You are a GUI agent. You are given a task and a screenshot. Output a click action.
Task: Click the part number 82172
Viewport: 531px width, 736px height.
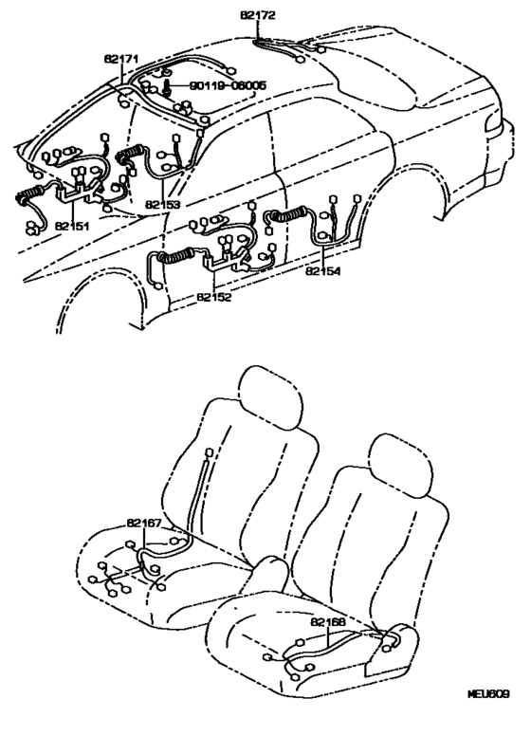pyautogui.click(x=258, y=15)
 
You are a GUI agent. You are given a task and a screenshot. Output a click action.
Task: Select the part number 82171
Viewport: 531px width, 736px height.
pyautogui.click(x=120, y=59)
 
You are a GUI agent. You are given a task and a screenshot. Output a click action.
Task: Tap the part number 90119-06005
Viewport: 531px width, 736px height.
pyautogui.click(x=228, y=85)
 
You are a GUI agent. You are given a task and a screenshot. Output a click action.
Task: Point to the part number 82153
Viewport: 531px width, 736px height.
pyautogui.click(x=163, y=205)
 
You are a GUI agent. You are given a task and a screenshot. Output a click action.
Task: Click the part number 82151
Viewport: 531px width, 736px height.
pyautogui.click(x=72, y=226)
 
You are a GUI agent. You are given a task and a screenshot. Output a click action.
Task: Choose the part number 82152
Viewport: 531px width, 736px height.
pyautogui.click(x=214, y=297)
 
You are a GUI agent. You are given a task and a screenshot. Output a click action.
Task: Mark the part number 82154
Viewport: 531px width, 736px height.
pyautogui.click(x=323, y=271)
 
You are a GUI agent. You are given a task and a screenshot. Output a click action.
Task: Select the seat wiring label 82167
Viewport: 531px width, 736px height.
pyautogui.click(x=143, y=523)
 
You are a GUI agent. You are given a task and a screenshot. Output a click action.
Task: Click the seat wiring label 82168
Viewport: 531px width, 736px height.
pyautogui.click(x=328, y=622)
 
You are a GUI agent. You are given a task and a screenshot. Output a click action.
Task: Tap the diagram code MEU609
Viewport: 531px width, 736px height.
pyautogui.click(x=488, y=693)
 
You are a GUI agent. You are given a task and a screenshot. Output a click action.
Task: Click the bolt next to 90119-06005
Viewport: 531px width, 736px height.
pyautogui.click(x=168, y=87)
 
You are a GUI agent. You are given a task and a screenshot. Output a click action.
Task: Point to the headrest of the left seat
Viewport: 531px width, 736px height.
pyautogui.click(x=269, y=397)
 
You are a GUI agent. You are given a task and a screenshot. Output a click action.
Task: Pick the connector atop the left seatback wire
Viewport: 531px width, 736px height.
pyautogui.click(x=209, y=453)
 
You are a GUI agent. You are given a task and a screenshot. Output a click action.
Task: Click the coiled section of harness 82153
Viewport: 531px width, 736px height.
pyautogui.click(x=132, y=153)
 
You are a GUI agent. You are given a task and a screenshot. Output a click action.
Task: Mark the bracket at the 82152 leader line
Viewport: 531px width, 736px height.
pyautogui.click(x=226, y=263)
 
